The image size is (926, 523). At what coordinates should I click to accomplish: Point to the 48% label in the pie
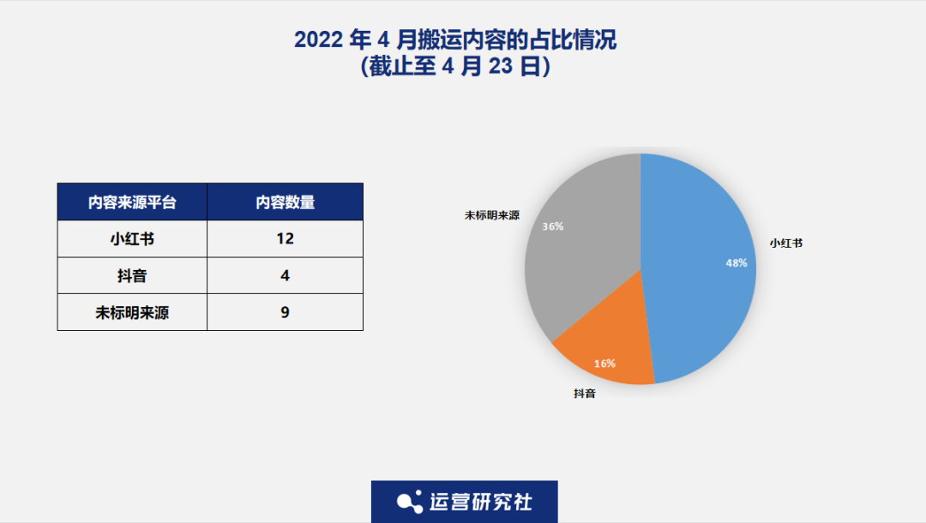(737, 263)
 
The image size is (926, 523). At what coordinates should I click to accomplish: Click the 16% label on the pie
(604, 364)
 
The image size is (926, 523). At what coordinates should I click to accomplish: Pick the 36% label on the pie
(552, 227)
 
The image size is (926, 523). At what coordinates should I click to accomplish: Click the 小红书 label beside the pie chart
(785, 243)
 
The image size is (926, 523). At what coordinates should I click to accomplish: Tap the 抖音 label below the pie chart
(585, 394)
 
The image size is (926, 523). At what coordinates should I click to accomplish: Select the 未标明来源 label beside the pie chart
(492, 215)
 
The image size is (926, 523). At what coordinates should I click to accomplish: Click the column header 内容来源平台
(132, 202)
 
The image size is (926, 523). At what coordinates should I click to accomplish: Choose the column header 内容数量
(285, 202)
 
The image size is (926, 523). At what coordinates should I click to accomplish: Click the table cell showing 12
(285, 239)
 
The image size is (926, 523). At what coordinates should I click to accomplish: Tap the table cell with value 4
(285, 276)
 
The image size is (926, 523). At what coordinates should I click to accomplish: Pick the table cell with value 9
(285, 313)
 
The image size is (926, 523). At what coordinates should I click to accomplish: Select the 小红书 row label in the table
(132, 239)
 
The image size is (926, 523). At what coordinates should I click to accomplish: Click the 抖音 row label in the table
(132, 276)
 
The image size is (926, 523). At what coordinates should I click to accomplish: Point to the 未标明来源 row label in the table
(132, 313)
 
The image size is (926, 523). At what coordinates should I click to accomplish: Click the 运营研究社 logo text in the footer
(480, 502)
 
